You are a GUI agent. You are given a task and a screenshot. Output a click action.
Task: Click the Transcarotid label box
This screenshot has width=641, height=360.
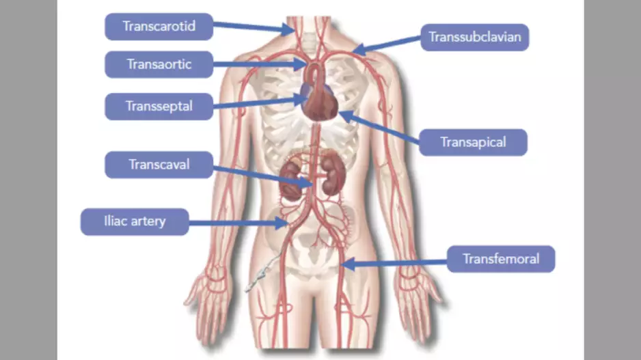[x=159, y=26]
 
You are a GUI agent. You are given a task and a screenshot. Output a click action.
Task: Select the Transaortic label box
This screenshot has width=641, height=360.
[x=159, y=65]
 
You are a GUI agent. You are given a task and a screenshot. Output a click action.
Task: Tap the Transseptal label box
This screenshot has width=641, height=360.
[x=159, y=106]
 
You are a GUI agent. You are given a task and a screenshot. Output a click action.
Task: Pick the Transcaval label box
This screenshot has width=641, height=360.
[x=159, y=164]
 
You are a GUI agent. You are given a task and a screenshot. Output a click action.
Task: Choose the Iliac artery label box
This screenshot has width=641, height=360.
[x=135, y=221]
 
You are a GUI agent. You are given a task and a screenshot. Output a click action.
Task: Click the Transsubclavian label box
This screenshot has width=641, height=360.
[x=475, y=37]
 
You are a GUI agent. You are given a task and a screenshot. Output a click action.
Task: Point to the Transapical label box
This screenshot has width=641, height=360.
[x=473, y=142]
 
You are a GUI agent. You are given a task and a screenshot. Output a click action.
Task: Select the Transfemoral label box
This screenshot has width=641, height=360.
[x=501, y=259]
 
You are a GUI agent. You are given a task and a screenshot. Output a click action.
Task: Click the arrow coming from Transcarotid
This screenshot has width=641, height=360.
[x=253, y=27]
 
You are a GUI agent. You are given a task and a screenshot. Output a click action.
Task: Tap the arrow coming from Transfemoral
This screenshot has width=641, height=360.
[x=396, y=262]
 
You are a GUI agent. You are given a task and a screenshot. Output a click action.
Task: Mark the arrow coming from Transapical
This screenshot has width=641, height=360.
[x=383, y=128]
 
